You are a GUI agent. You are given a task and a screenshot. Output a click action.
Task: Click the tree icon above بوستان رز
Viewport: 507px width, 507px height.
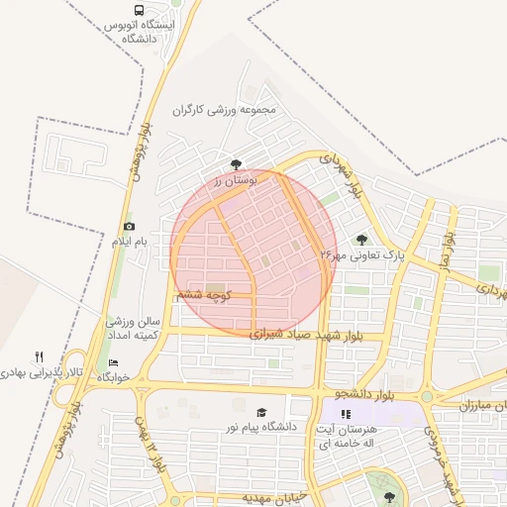(236, 164)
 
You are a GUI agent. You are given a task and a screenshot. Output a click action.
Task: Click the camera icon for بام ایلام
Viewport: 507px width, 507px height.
(129, 227)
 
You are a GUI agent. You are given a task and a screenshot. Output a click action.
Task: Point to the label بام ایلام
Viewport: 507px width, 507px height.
(128, 243)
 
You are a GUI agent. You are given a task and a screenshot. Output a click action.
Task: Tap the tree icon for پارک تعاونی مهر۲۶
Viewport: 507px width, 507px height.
(361, 239)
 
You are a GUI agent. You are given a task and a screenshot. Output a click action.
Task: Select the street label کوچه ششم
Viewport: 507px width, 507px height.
(203, 295)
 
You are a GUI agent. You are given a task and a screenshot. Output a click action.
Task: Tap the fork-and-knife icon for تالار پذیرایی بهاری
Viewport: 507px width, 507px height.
(40, 356)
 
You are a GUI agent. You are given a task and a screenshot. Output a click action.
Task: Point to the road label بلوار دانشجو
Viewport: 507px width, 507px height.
(373, 395)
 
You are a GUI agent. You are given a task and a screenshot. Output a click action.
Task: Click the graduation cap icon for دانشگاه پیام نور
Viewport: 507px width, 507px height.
(261, 412)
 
